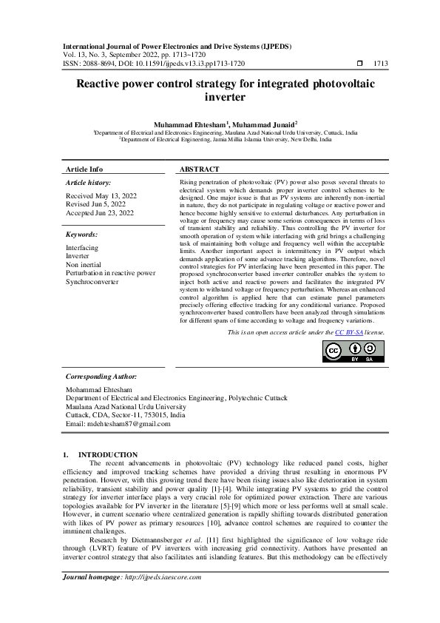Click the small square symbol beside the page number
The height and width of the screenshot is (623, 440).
point(359,64)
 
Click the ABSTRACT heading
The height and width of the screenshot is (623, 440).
point(200,169)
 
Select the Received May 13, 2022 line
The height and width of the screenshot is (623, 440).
point(100,196)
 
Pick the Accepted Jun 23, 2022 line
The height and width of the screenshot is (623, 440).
point(100,213)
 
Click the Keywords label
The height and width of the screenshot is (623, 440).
point(82,233)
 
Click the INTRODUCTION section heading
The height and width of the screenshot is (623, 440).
point(108,454)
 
